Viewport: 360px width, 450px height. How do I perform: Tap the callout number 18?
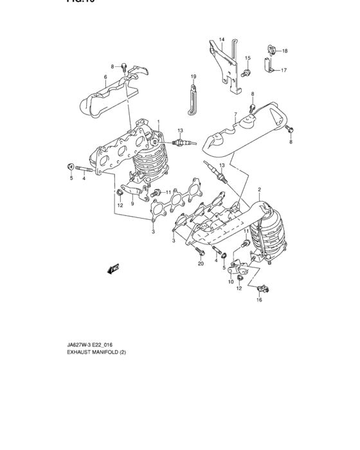[285, 51]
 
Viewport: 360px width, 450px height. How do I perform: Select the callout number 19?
[192, 77]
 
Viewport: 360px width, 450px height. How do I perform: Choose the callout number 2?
[259, 190]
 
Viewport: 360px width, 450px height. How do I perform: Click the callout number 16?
[260, 300]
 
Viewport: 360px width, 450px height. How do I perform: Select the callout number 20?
[200, 264]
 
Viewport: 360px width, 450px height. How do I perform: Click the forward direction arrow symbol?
[114, 268]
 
